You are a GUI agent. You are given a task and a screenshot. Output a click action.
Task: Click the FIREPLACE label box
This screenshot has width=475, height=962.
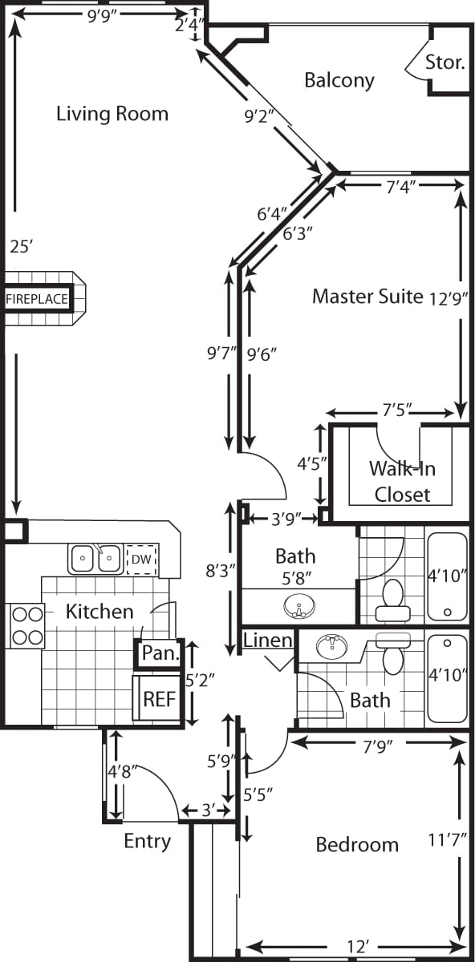(x=37, y=299)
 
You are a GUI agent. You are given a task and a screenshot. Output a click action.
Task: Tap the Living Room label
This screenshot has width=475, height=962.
(x=112, y=114)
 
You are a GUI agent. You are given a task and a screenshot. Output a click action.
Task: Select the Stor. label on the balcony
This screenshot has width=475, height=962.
(x=445, y=62)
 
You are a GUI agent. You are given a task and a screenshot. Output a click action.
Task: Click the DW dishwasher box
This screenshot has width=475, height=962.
(x=141, y=559)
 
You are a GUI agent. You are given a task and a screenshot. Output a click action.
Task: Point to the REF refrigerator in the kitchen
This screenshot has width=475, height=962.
(x=158, y=698)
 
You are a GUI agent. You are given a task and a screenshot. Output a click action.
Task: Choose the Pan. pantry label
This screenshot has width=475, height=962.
(x=159, y=653)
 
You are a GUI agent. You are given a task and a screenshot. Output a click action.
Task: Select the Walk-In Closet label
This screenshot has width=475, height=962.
(x=402, y=481)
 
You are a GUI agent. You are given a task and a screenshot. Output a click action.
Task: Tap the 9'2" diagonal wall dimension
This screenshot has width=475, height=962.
(x=259, y=116)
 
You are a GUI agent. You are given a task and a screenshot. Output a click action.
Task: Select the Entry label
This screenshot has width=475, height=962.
(x=147, y=841)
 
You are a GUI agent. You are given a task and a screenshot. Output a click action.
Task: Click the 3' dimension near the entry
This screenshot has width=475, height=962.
(x=208, y=810)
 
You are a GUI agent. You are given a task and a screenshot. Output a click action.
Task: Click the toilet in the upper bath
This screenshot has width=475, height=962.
(x=392, y=600)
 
